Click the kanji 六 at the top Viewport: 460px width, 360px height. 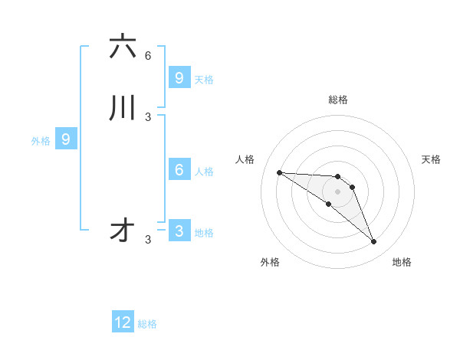pyautogui.click(x=123, y=47)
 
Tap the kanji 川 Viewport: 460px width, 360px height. pyautogui.click(x=123, y=108)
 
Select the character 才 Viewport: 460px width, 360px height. pyautogui.click(x=123, y=231)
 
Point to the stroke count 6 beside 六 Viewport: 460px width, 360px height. pyautogui.click(x=148, y=56)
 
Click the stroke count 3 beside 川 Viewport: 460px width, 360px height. pyautogui.click(x=148, y=117)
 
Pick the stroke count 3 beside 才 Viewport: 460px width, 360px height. pyautogui.click(x=148, y=240)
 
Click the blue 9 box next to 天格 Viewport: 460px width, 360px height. pyautogui.click(x=179, y=78)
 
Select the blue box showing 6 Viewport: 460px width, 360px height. pyautogui.click(x=179, y=170)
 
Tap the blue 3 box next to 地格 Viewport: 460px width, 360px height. pyautogui.click(x=179, y=231)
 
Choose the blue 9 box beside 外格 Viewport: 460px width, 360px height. pyautogui.click(x=66, y=139)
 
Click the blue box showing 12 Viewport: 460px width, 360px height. pyautogui.click(x=123, y=322)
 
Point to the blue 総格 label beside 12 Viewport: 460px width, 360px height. pyautogui.click(x=147, y=324)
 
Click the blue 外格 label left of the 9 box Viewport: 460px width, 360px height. pyautogui.click(x=40, y=141)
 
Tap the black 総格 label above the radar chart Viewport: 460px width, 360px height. pyautogui.click(x=338, y=100)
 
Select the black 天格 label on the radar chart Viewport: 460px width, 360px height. pyautogui.click(x=431, y=159)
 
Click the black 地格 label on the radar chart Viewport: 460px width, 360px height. pyautogui.click(x=402, y=262)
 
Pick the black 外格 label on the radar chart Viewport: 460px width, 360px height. pyautogui.click(x=270, y=262)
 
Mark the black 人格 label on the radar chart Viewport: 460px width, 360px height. pyautogui.click(x=245, y=159)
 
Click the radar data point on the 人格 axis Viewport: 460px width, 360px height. pyautogui.click(x=279, y=172)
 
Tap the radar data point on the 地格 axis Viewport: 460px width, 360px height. pyautogui.click(x=373, y=242)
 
